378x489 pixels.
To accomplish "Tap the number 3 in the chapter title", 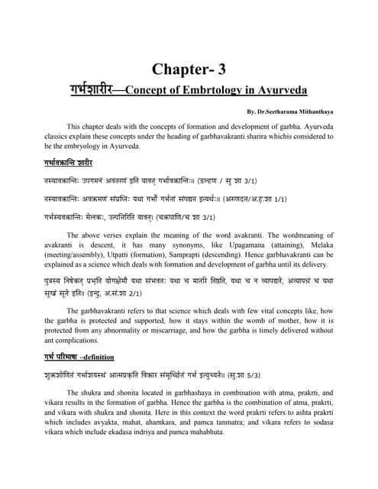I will click(222, 69).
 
